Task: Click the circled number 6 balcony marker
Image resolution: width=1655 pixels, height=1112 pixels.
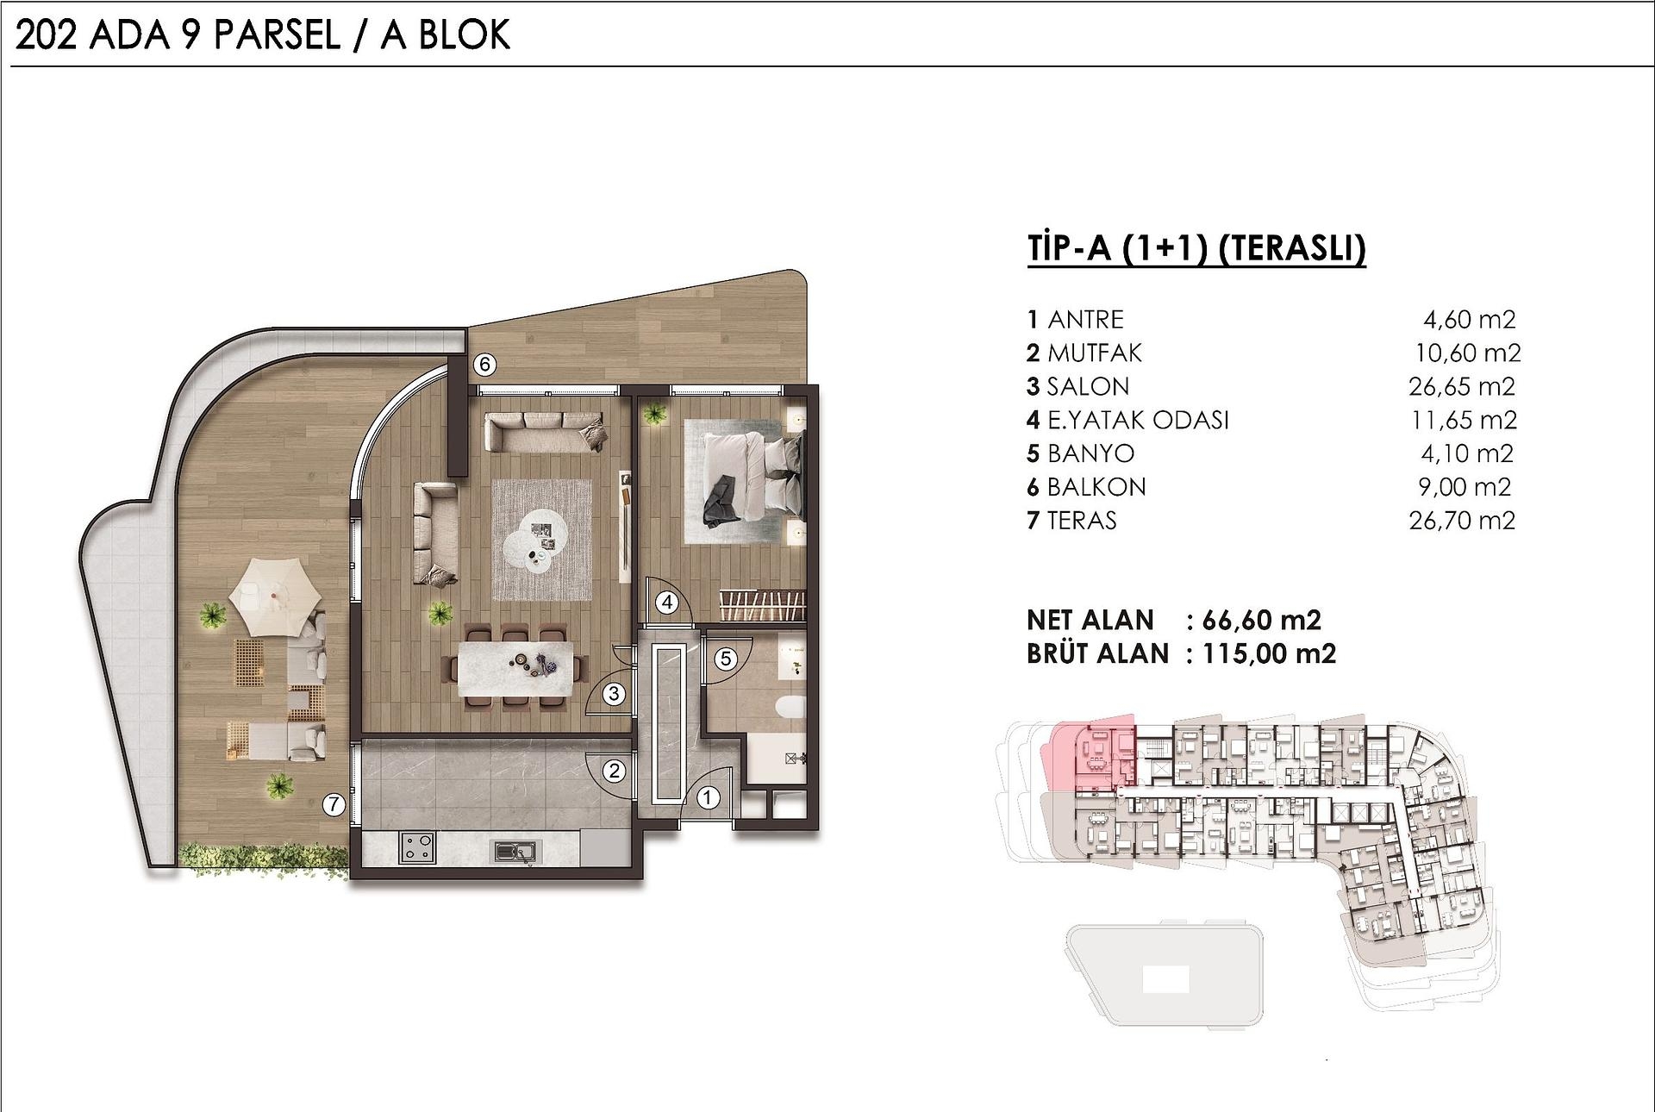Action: coord(484,365)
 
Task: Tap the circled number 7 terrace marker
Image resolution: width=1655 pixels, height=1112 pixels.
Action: coord(334,804)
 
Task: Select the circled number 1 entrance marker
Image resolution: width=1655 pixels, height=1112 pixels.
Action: coord(708,797)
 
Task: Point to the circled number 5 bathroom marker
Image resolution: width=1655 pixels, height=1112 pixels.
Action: coord(726,659)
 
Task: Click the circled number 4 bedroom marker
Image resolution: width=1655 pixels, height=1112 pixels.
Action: coord(667,603)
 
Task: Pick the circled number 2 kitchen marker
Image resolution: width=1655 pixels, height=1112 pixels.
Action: coord(614,770)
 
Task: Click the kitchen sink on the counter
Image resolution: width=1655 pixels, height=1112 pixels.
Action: coord(515,852)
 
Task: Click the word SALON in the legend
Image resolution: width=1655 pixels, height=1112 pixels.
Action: coord(1088,386)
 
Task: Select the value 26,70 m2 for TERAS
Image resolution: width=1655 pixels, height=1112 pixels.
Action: coord(1462,521)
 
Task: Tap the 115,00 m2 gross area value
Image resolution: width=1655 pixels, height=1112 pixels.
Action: coord(1269,653)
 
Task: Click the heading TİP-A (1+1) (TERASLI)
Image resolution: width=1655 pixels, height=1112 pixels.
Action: coord(1196,248)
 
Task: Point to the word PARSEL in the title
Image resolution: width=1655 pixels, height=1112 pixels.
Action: coord(277,35)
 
